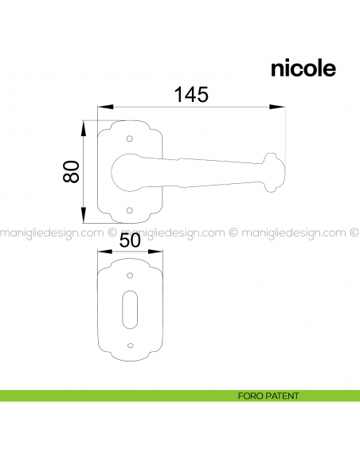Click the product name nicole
tap(303, 68)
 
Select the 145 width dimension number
tap(191, 94)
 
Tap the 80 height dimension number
tap(72, 172)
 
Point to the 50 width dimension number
tap(130, 240)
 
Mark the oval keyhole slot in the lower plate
tap(131, 311)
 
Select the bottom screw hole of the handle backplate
tap(131, 210)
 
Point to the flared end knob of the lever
tap(275, 168)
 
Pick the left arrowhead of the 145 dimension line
tap(101, 106)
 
